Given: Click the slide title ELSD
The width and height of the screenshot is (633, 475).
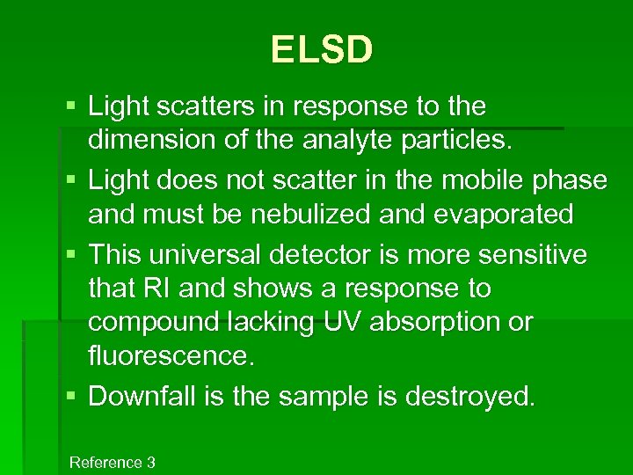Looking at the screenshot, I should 322,50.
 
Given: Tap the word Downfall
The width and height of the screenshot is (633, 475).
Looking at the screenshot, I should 146,397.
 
